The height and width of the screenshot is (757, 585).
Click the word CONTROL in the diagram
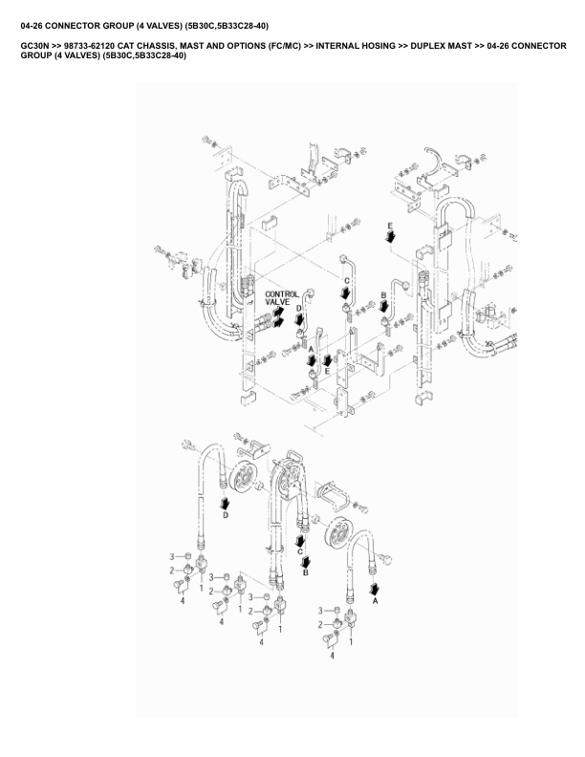point(281,294)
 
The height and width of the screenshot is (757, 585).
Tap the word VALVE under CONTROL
point(277,303)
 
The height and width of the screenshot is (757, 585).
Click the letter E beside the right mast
point(390,224)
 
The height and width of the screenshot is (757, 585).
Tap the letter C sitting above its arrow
point(347,279)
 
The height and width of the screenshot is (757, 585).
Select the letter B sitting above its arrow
point(383,295)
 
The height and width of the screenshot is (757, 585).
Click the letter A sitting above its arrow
point(311,351)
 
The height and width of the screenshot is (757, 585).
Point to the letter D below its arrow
point(226,514)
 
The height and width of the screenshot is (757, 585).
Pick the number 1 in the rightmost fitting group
point(351,642)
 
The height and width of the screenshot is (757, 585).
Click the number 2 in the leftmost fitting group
point(172,570)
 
